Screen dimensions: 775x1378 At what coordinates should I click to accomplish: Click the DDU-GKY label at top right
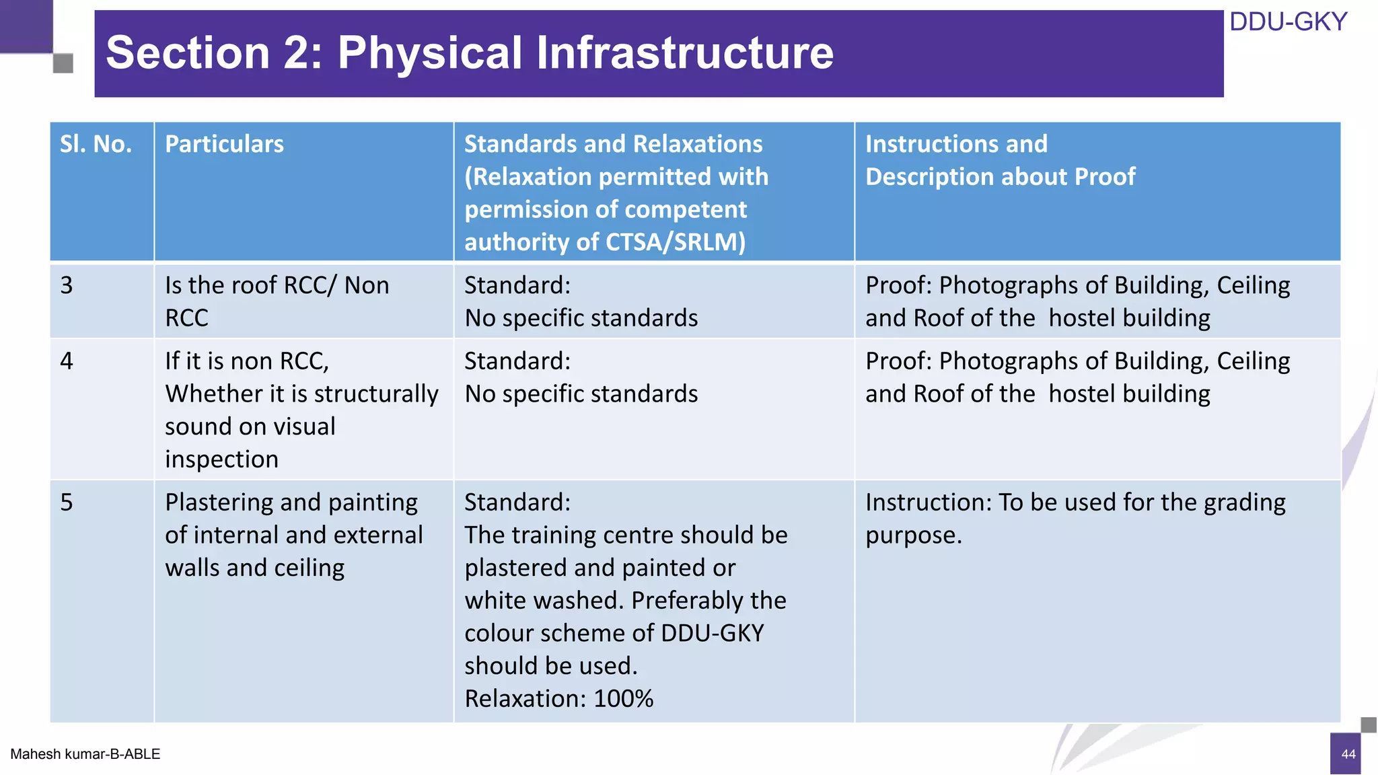tap(1287, 22)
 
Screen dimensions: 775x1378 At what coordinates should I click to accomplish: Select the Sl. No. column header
tap(96, 144)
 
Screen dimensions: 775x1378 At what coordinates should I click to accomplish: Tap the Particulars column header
tap(224, 144)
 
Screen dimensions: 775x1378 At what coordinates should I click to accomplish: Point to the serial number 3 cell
tap(67, 285)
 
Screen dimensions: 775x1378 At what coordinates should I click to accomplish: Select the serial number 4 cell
tap(67, 361)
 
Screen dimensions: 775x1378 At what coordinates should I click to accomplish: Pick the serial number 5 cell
tap(67, 503)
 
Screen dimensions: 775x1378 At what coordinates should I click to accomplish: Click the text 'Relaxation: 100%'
tap(558, 699)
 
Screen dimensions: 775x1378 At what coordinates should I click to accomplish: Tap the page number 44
tap(1348, 754)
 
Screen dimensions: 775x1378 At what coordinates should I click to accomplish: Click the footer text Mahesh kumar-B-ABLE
tap(85, 754)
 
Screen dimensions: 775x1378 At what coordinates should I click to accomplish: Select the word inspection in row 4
tap(221, 459)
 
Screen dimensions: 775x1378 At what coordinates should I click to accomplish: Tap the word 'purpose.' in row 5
tap(913, 536)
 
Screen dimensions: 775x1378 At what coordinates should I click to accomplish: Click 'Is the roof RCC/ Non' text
tap(277, 285)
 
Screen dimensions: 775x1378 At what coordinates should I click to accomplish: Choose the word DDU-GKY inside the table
tap(712, 633)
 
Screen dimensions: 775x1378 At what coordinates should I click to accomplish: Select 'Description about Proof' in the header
tap(1000, 177)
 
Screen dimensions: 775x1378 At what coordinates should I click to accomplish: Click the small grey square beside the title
tap(63, 64)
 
